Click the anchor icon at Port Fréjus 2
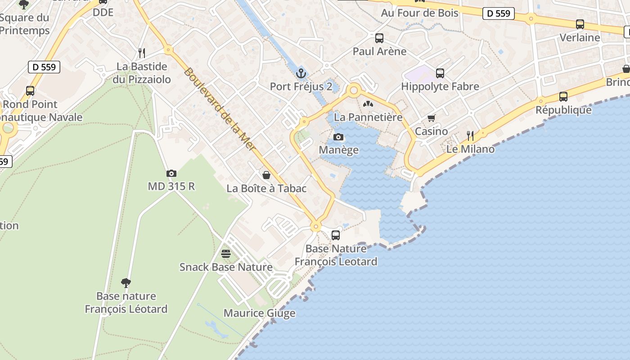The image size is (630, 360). [301, 73]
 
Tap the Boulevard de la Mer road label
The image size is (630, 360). [219, 109]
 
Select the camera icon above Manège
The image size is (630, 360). [338, 137]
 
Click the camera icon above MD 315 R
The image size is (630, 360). [171, 174]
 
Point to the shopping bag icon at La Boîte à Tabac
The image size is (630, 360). [266, 175]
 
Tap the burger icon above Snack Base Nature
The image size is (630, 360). [226, 254]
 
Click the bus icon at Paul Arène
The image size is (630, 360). [379, 38]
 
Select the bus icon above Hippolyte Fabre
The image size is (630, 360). [440, 73]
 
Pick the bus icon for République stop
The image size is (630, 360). [563, 96]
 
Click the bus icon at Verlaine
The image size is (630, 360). [580, 24]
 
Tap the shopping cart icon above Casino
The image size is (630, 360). [432, 118]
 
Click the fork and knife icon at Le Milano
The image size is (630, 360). [471, 135]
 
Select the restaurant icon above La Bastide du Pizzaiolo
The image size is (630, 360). [142, 53]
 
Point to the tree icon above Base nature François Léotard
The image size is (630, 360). [126, 283]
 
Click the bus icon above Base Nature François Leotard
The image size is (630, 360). [336, 235]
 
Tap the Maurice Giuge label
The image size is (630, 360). [259, 313]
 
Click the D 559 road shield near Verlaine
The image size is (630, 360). [499, 13]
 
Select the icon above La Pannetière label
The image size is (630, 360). [368, 104]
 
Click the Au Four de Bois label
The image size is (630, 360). [419, 13]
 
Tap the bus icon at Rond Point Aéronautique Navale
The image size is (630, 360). [30, 90]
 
